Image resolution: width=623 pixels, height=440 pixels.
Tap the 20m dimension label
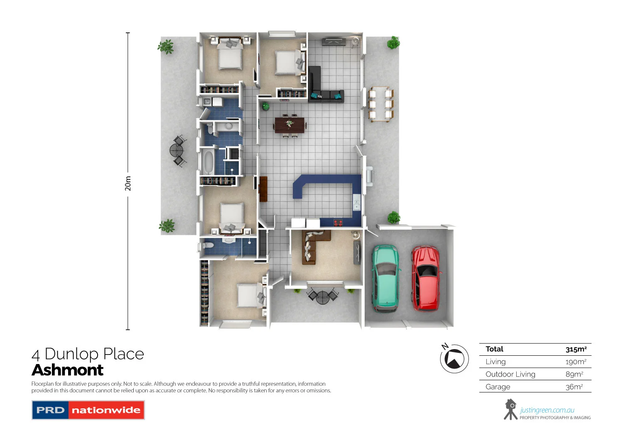[x=128, y=183]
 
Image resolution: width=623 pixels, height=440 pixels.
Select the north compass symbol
[x=454, y=358]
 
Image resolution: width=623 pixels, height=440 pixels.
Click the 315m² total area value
[x=576, y=349]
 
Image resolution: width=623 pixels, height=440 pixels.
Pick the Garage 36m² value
[x=574, y=387]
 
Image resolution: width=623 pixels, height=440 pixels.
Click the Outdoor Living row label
[x=510, y=374]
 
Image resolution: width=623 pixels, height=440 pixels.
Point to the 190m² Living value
[x=576, y=362]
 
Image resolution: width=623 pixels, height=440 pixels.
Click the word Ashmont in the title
[x=67, y=370]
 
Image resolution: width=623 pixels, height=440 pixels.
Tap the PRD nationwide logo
[x=88, y=410]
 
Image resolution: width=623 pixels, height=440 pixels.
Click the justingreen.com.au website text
[x=547, y=410]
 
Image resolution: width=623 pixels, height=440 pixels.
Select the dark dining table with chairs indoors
[x=289, y=125]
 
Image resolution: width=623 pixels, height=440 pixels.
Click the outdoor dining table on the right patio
[x=381, y=104]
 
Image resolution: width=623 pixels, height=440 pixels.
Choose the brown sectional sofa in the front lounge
[x=311, y=247]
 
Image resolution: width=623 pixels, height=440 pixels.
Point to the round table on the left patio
[x=177, y=150]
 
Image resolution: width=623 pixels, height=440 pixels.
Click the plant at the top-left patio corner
[x=166, y=46]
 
